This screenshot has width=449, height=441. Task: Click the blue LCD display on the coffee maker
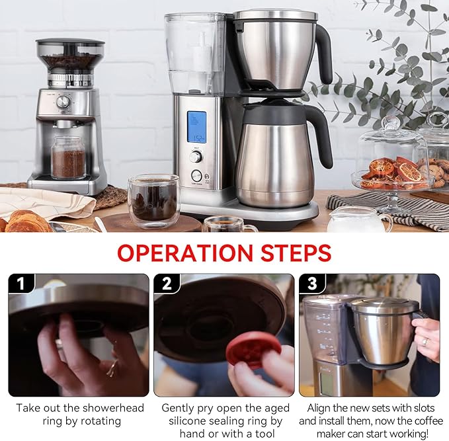[196, 127]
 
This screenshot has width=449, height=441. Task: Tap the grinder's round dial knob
[63, 102]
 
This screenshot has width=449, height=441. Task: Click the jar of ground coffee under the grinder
[68, 158]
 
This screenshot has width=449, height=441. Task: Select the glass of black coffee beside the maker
[153, 202]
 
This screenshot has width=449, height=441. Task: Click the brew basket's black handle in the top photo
[324, 53]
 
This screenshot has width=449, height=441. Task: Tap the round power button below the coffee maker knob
[196, 176]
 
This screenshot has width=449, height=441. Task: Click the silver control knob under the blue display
[196, 157]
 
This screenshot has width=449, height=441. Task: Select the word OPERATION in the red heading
[185, 253]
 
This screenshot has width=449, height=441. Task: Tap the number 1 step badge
[21, 284]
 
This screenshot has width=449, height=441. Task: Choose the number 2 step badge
[167, 284]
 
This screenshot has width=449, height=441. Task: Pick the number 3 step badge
[312, 284]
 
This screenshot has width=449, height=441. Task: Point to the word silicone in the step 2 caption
[190, 421]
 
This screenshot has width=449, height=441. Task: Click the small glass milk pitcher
[359, 220]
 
